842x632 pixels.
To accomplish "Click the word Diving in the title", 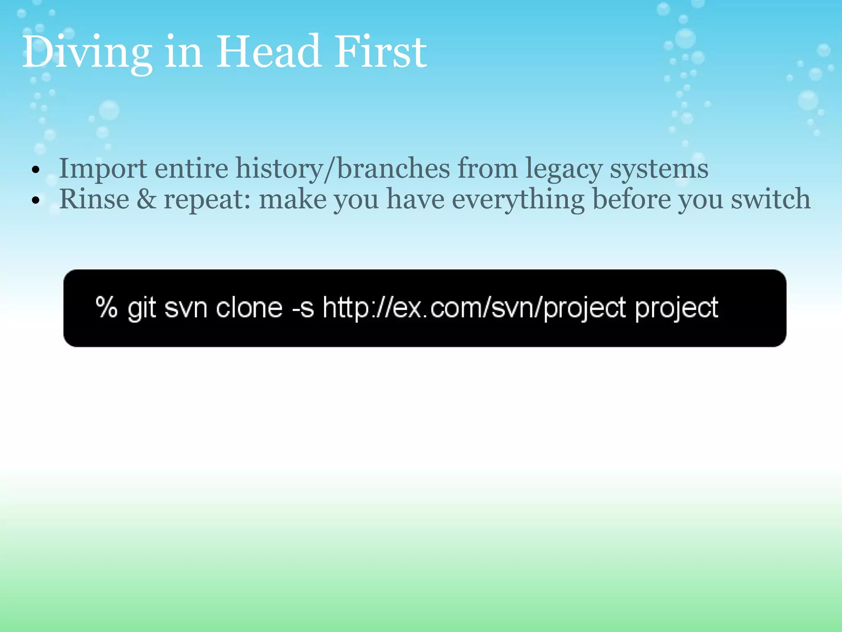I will tap(87, 53).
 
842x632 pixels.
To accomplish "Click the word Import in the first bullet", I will tap(103, 169).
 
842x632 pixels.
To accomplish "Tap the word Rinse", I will tap(94, 199).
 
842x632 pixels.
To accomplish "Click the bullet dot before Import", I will tap(36, 170).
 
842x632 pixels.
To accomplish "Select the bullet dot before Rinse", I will tap(36, 200).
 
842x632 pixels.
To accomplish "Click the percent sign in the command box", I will tap(106, 307).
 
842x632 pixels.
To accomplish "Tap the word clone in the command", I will tap(249, 308).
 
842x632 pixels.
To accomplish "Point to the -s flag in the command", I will tap(303, 308).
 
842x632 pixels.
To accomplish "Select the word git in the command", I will tap(141, 308).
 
